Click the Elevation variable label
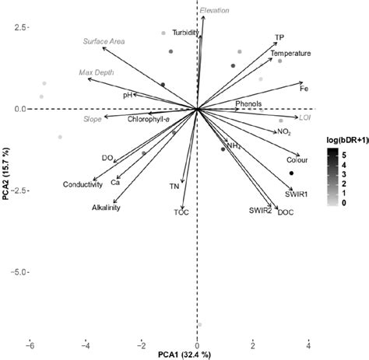point(214,11)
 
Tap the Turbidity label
point(185,33)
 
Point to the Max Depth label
point(96,72)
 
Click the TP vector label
point(279,37)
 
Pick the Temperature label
point(290,53)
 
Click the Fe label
point(304,89)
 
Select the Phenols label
point(248,103)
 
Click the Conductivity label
point(83,184)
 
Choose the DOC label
point(286,212)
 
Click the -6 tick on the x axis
point(30,344)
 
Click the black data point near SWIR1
point(291,173)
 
